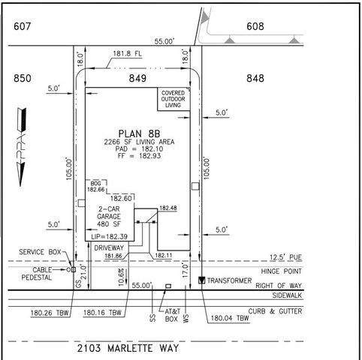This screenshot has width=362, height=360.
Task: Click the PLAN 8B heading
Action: tap(140, 128)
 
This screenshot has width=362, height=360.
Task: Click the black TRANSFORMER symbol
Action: tap(201, 280)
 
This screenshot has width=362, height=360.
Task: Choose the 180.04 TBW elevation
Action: tap(230, 318)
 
